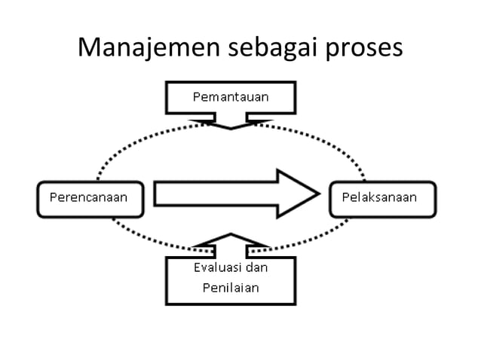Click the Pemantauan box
(x=231, y=97)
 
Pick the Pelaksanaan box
(x=384, y=199)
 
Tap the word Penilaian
(x=230, y=288)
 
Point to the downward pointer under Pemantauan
(x=231, y=121)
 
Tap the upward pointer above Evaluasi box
(x=230, y=243)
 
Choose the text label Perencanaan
(x=88, y=199)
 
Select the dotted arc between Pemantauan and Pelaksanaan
(x=332, y=143)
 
